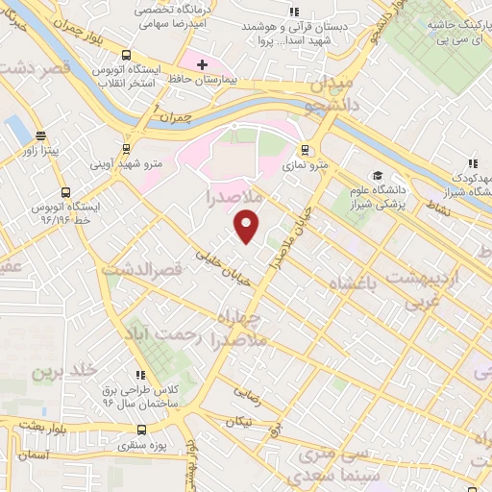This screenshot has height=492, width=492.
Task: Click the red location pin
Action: tap(247, 227)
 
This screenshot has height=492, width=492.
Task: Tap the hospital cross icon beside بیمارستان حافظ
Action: tap(201, 65)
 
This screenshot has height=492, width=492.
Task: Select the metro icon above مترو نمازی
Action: tap(305, 149)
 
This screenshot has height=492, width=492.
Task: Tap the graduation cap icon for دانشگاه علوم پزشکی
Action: tap(380, 178)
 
